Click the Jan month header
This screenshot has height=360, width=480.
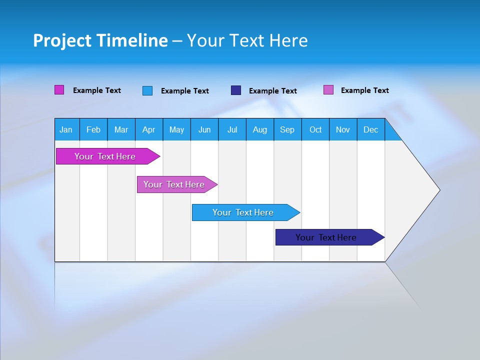tap(66, 129)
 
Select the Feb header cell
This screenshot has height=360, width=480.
tap(93, 129)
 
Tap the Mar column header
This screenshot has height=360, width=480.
tap(121, 129)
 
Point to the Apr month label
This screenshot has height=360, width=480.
tap(148, 129)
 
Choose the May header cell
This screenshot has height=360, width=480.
tap(176, 129)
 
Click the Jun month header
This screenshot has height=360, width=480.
tap(204, 129)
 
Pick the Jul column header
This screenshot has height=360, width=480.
tap(232, 129)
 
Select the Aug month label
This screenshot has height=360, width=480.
tap(259, 129)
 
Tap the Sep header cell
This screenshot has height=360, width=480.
tap(287, 129)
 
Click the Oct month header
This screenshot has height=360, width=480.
tap(315, 129)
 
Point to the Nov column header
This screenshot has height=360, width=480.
tap(343, 129)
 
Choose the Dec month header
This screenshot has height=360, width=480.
tap(370, 129)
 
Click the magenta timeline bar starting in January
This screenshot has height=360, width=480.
tap(105, 156)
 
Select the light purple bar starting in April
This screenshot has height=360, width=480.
tap(174, 184)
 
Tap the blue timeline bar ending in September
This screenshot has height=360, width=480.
tap(243, 212)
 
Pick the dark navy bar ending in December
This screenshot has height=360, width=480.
tap(326, 237)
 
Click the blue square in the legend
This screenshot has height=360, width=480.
tap(147, 90)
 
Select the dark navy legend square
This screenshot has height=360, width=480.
tap(236, 90)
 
